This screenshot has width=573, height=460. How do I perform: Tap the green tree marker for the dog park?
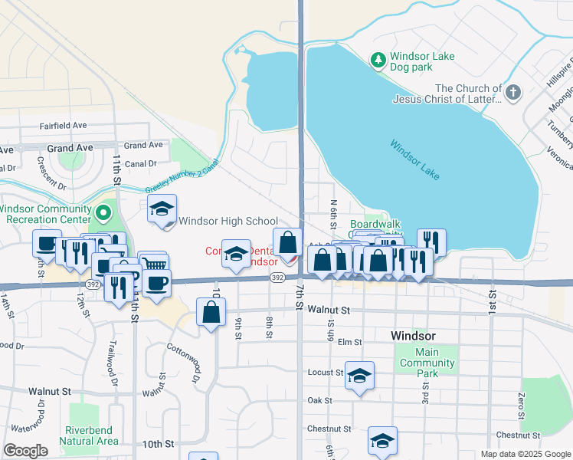[x=377, y=59]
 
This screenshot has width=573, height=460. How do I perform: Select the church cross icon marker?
[x=513, y=94]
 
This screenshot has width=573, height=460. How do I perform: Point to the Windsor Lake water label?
[x=414, y=159]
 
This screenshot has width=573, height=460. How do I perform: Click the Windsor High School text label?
[x=228, y=222]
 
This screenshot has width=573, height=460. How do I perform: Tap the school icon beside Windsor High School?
[x=162, y=209]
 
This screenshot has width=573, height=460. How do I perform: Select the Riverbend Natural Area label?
[x=91, y=435]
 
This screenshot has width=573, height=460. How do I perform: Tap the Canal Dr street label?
[x=140, y=163]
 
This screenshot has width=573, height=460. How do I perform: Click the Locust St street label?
[x=323, y=373]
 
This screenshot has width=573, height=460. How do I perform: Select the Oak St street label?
[x=319, y=400]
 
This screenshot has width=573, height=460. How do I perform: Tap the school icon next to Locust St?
[x=359, y=376]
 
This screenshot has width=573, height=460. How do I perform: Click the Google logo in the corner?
[x=25, y=451]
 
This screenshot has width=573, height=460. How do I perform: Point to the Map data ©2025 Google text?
[x=525, y=454]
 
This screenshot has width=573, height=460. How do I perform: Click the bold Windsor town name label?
[x=413, y=336]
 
